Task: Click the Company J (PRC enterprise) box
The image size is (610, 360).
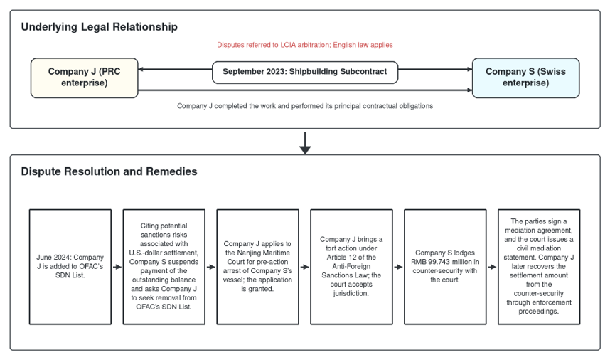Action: (85, 78)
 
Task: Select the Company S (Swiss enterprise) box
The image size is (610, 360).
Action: (525, 78)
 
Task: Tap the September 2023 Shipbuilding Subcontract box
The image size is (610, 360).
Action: (305, 73)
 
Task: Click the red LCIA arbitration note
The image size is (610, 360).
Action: (304, 45)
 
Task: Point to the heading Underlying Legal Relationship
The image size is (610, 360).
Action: (100, 27)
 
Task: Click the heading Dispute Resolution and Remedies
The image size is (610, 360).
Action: (109, 171)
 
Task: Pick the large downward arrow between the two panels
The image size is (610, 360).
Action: (305, 143)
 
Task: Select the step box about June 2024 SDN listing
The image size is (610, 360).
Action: (70, 267)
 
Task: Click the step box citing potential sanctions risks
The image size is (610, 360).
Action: (164, 267)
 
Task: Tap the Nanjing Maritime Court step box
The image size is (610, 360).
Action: (257, 267)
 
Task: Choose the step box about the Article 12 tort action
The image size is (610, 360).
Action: (351, 267)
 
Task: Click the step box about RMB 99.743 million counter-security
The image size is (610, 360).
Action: (445, 267)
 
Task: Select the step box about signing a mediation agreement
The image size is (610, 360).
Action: (539, 267)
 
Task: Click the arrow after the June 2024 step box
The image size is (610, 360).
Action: (117, 267)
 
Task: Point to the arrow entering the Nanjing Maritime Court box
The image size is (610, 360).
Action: (211, 267)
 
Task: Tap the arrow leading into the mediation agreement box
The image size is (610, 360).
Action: (492, 267)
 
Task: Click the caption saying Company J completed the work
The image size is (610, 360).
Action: (305, 106)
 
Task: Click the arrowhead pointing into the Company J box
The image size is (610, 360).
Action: (141, 69)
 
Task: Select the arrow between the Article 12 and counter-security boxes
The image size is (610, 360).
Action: (398, 267)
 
